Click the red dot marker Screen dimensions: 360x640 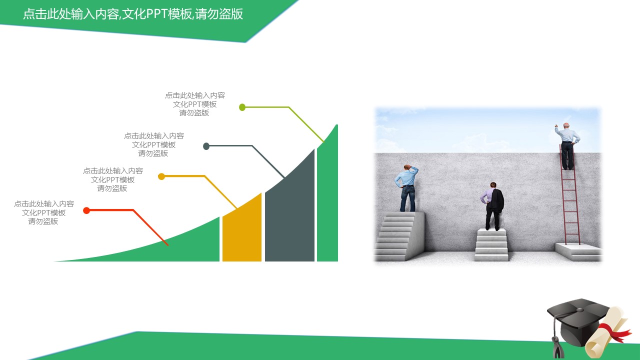pos(86,210)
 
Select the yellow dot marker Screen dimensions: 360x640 pos(161,176)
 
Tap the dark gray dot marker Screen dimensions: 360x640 pos(206,146)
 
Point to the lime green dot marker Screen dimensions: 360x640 pos(242,107)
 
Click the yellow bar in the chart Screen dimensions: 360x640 pos(242,232)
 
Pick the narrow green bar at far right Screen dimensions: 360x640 pos(327,200)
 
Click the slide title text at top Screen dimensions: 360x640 pos(133,14)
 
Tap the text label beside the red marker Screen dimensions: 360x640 pos(44,212)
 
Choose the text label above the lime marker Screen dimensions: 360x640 pos(195,104)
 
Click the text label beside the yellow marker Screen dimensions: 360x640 pos(112,179)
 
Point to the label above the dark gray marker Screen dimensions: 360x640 pos(154,144)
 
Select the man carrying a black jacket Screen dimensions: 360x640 pos(493,205)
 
